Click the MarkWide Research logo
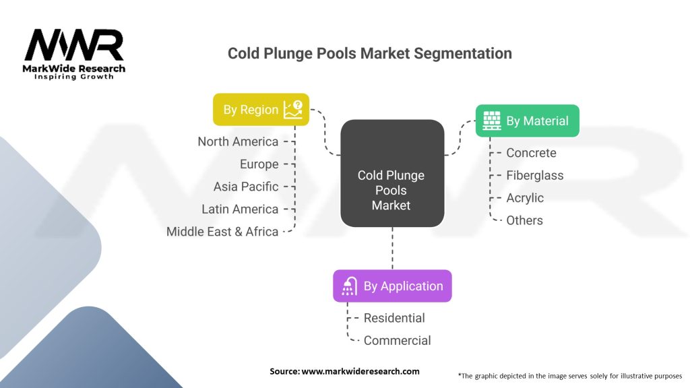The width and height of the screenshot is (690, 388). [x=74, y=55]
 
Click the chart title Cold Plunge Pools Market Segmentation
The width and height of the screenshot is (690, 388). [x=369, y=53]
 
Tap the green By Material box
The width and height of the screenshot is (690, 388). [x=527, y=121]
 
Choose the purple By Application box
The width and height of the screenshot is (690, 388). [x=392, y=286]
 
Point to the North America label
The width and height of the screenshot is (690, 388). [x=238, y=141]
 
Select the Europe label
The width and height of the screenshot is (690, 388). [x=259, y=164]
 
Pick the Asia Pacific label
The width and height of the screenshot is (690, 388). [x=246, y=187]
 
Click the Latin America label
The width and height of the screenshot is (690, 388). [x=240, y=209]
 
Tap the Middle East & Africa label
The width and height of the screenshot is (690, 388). [x=222, y=231]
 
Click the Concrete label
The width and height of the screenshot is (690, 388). [x=531, y=153]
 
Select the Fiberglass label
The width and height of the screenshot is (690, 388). [x=534, y=175]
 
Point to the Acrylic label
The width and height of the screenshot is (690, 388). [x=525, y=198]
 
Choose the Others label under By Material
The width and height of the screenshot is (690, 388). [x=524, y=220]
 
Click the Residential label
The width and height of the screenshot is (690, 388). [x=394, y=318]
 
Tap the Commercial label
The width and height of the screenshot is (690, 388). [x=397, y=340]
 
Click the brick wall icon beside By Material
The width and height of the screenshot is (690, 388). [x=492, y=121]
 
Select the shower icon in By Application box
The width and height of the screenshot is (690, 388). [x=349, y=286]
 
